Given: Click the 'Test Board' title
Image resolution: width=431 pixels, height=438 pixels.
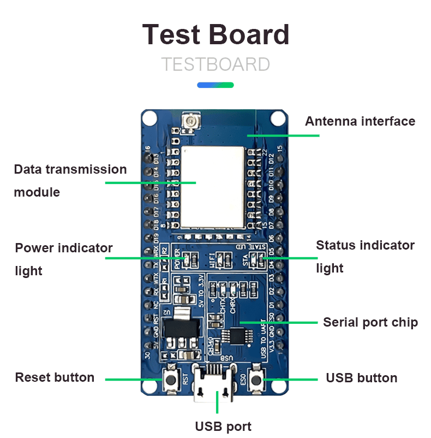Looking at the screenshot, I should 215,34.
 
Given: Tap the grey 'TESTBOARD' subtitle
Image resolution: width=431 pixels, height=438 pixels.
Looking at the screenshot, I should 215,64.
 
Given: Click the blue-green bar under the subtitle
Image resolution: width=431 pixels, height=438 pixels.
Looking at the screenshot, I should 215,85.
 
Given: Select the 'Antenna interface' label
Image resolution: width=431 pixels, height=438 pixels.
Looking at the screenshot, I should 360,121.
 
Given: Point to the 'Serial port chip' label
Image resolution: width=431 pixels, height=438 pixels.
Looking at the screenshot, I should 370,322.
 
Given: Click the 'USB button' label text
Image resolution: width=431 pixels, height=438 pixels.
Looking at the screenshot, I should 361,378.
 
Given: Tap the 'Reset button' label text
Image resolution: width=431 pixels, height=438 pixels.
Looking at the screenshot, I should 55,377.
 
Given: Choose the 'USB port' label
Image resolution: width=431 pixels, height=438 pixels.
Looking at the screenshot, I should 223,427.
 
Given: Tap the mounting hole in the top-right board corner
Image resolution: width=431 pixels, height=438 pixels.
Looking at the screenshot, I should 278,118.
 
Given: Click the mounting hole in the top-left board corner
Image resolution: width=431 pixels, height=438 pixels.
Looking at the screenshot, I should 151,118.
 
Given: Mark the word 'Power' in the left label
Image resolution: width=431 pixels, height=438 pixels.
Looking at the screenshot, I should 34,248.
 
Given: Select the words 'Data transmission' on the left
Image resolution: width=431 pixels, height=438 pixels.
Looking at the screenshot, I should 70,169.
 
